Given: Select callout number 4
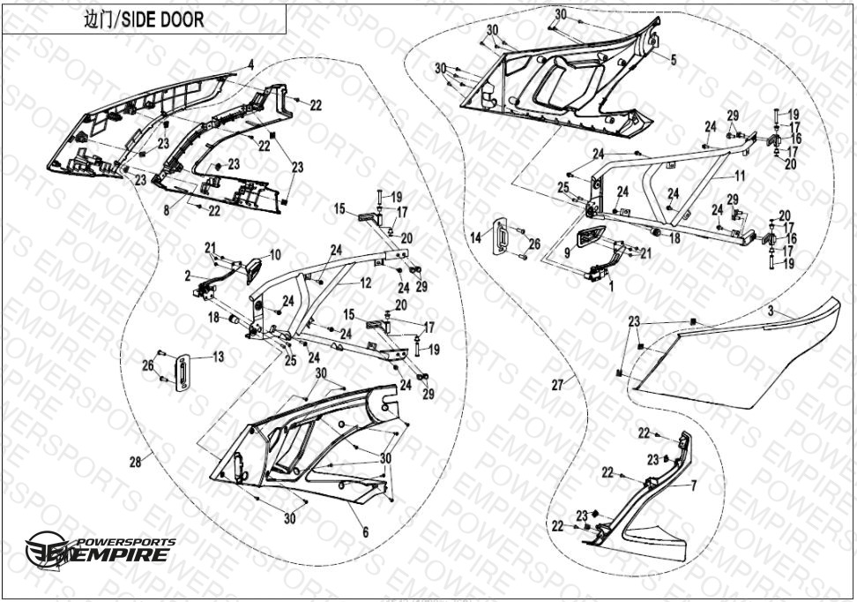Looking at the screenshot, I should (x=250, y=64).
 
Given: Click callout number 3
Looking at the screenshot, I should (x=769, y=312).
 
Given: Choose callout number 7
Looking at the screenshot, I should (x=693, y=485).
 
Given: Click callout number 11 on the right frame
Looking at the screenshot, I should (x=740, y=177).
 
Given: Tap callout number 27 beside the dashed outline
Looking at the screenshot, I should (x=556, y=384).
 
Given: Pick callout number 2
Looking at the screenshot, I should (x=188, y=276).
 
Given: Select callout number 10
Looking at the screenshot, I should (x=275, y=255).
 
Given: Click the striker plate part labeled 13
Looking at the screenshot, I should (x=183, y=372).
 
